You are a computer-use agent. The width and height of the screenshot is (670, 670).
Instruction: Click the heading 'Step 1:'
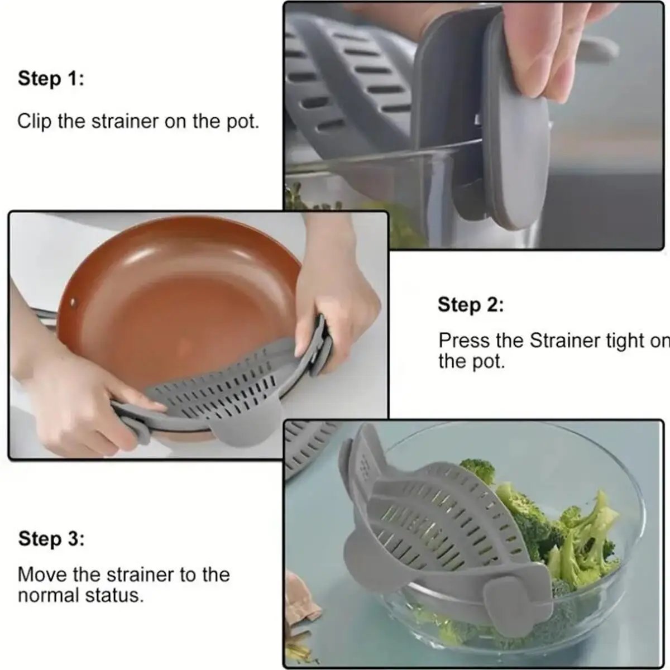[51, 79]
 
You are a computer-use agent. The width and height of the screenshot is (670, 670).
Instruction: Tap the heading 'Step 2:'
[471, 305]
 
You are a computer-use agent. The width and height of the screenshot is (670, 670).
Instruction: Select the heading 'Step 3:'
[51, 539]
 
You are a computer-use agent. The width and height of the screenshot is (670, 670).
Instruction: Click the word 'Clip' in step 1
[35, 121]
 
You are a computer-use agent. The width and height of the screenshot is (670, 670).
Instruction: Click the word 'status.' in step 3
[116, 595]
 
